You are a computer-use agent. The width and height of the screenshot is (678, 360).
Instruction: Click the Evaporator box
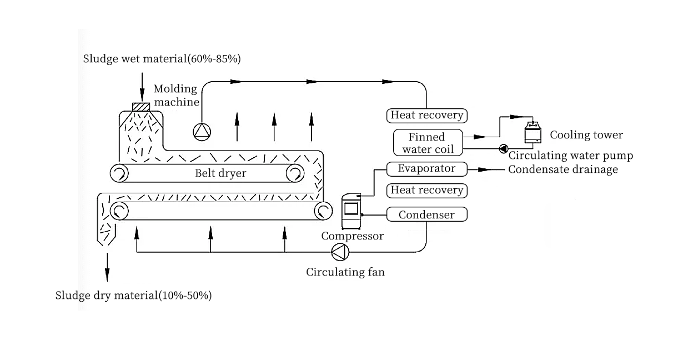pyautogui.click(x=426, y=168)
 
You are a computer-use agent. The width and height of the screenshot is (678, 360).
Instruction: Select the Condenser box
pyautogui.click(x=426, y=214)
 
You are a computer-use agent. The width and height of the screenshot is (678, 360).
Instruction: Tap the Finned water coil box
pyautogui.click(x=427, y=143)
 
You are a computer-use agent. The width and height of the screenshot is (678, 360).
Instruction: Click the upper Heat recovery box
pyautogui.click(x=426, y=116)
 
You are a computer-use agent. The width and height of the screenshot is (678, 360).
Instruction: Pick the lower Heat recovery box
pyautogui.click(x=426, y=190)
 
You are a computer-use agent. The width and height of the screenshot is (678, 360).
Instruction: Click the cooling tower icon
pyautogui.click(x=533, y=134)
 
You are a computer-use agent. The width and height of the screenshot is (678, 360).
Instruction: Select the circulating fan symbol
pyautogui.click(x=340, y=252)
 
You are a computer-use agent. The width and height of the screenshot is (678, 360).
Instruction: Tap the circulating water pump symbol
pyautogui.click(x=504, y=148)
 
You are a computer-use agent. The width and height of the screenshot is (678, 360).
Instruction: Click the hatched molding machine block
pyautogui.click(x=142, y=107)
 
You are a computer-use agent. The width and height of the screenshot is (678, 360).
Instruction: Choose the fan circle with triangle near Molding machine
pyautogui.click(x=202, y=131)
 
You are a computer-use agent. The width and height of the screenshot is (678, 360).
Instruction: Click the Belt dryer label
pyautogui.click(x=220, y=173)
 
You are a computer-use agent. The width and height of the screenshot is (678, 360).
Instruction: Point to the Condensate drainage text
pyautogui.click(x=563, y=169)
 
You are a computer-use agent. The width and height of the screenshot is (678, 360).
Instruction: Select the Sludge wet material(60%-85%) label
pyautogui.click(x=162, y=58)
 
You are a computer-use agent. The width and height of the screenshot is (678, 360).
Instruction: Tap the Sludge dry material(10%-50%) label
pyautogui.click(x=133, y=295)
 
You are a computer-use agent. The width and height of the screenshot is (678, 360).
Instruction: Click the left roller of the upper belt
pyautogui.click(x=118, y=174)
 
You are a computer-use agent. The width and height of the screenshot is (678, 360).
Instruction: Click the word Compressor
pyautogui.click(x=352, y=236)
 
